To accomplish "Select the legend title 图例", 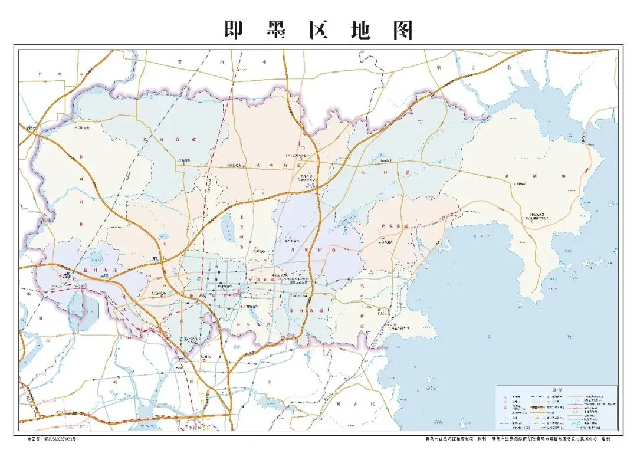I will pyautogui.click(x=555, y=390).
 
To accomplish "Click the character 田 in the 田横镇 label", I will pyautogui.click(x=505, y=176).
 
